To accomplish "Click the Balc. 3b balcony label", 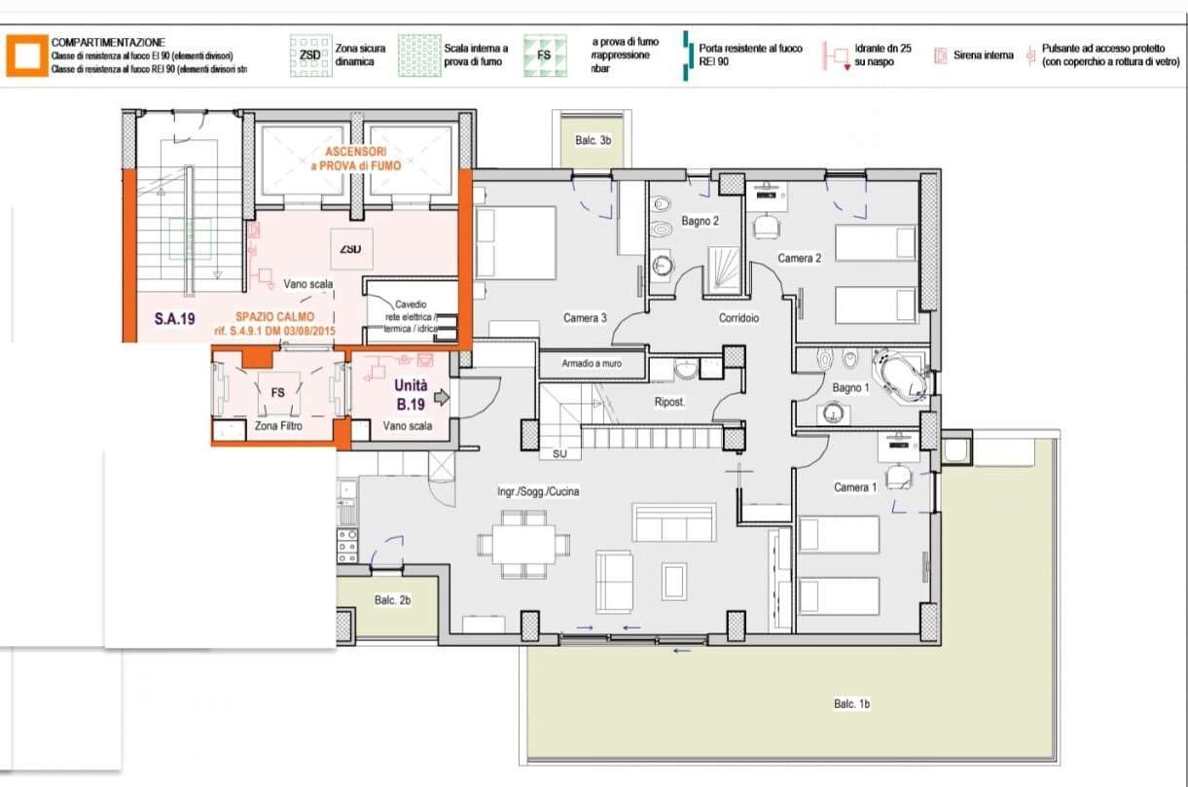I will point(592,141).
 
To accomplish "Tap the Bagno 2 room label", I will point(700,222).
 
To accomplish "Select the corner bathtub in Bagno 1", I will point(901,375).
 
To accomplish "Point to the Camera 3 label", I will point(585,318).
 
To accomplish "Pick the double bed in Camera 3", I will point(517,242).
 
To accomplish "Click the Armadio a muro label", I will point(592,365).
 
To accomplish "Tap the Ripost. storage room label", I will point(670,401).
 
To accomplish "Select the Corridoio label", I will point(738,318).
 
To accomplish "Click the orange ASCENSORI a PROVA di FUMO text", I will point(355,160).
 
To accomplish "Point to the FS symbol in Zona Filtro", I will point(277,393).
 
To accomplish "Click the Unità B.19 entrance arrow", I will point(441,397).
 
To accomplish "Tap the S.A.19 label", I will point(175,317).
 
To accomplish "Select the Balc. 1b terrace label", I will point(851,703).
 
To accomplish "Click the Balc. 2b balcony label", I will point(392,600).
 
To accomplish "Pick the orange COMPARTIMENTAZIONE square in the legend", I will point(26,55).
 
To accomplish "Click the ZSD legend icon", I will point(309,55).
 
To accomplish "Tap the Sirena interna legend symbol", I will point(940,56).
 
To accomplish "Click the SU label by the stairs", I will point(559,453).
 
